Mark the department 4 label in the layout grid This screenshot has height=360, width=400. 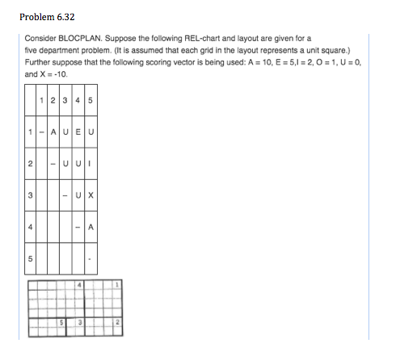81,285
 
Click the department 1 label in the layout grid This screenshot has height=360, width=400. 118,285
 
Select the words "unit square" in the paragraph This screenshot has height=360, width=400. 290,50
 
